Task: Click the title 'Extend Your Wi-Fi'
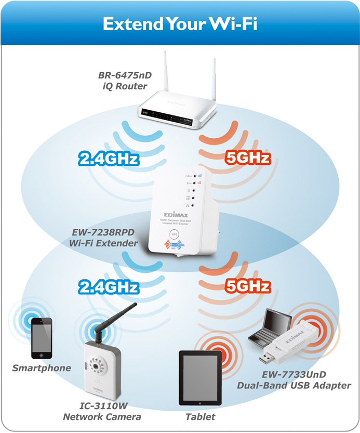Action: pyautogui.click(x=180, y=23)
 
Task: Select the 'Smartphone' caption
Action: pyautogui.click(x=42, y=368)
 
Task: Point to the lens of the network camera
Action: pyautogui.click(x=98, y=366)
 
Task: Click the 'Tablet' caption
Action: pyautogui.click(x=200, y=417)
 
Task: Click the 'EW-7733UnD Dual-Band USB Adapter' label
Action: pyautogui.click(x=294, y=380)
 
